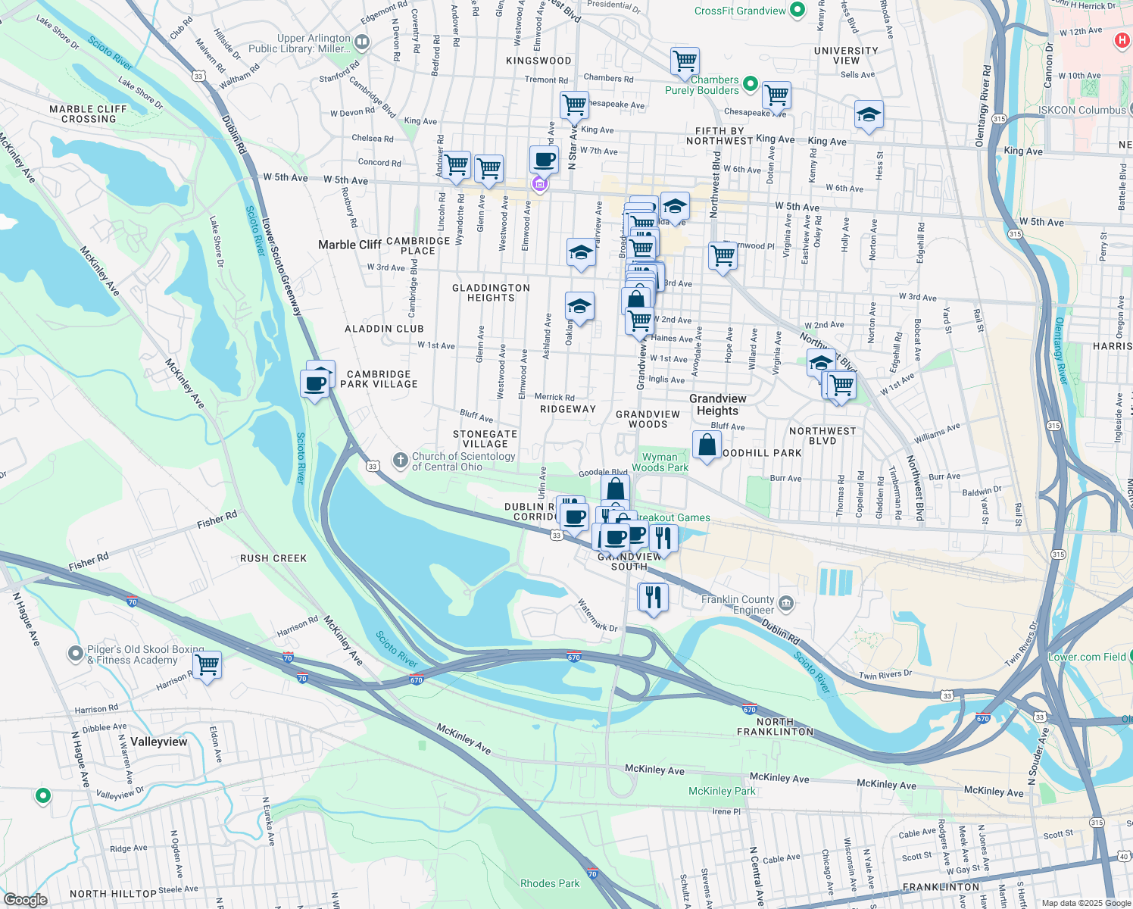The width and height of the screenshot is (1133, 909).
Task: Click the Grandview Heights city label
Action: (x=717, y=405)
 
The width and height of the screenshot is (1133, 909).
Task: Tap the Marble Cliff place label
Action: (x=349, y=245)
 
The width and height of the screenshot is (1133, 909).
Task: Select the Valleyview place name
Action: (x=158, y=742)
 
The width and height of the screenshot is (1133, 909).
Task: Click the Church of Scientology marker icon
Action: (x=400, y=461)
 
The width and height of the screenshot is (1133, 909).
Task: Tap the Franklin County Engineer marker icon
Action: (x=787, y=603)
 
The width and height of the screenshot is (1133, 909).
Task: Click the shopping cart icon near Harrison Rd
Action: (x=207, y=665)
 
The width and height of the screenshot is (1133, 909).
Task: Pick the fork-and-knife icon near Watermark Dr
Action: (x=652, y=597)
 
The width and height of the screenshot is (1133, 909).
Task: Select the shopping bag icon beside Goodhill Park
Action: (x=707, y=445)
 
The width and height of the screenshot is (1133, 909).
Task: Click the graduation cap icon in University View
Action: (x=869, y=115)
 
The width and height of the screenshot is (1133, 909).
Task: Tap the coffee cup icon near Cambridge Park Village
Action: (x=314, y=383)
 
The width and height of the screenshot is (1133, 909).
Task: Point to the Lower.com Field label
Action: (x=1088, y=657)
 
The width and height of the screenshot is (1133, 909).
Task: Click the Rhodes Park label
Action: (x=549, y=883)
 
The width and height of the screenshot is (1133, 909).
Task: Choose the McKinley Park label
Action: (x=722, y=791)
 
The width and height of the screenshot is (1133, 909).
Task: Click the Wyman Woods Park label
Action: (x=660, y=462)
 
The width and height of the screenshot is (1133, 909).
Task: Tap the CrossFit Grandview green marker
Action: (x=797, y=11)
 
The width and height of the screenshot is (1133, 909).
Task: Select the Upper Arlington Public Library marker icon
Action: (x=362, y=42)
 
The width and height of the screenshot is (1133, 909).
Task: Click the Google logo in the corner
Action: (x=25, y=899)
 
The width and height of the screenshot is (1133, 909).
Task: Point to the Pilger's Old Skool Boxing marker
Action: (x=75, y=652)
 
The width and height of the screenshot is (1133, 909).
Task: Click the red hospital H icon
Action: (x=1122, y=39)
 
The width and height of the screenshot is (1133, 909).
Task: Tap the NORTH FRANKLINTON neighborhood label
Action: (x=775, y=726)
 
